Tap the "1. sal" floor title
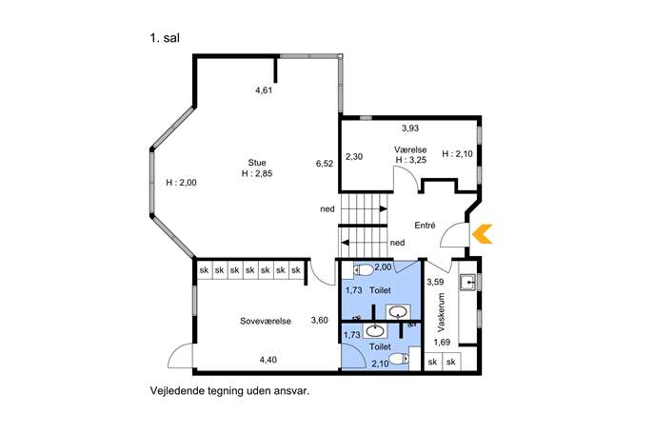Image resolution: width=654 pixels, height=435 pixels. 165,38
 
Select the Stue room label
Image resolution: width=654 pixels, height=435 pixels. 257,163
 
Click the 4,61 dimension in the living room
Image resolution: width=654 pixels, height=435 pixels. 264,89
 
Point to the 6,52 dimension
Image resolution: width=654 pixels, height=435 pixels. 325,164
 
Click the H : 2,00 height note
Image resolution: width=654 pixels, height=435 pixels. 181,183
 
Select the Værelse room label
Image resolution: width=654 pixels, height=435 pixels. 410,149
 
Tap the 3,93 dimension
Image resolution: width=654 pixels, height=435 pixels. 410,129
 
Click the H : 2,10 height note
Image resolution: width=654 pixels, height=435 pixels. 457,154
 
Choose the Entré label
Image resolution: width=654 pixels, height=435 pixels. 425,226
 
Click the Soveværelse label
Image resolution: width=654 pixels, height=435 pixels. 266,321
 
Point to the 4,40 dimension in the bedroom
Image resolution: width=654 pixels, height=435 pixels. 268,360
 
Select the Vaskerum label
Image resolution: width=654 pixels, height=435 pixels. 442,312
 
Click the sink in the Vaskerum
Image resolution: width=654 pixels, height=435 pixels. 468,283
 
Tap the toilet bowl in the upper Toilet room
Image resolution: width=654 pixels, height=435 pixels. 364,270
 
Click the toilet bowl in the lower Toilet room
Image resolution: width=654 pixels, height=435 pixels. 399,359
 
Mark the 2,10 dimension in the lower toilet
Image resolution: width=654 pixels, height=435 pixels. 380,364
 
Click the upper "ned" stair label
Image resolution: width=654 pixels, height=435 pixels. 327,209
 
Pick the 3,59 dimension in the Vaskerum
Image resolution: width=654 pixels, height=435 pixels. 435,283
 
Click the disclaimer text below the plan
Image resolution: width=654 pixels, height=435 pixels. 229,391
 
